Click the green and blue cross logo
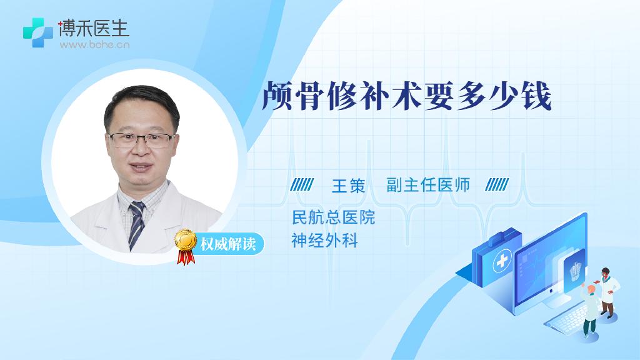(38, 32)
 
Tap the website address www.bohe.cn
(95, 44)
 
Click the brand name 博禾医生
(94, 28)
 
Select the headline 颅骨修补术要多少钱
(406, 96)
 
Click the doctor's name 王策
(348, 186)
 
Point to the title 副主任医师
(428, 185)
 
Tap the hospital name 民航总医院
(334, 217)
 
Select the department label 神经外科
(325, 241)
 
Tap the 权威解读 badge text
(228, 244)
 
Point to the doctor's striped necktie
(136, 225)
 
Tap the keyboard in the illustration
(567, 318)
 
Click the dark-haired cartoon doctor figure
(607, 292)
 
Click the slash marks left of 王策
(302, 185)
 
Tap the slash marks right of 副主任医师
(497, 185)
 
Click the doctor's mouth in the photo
(141, 167)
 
